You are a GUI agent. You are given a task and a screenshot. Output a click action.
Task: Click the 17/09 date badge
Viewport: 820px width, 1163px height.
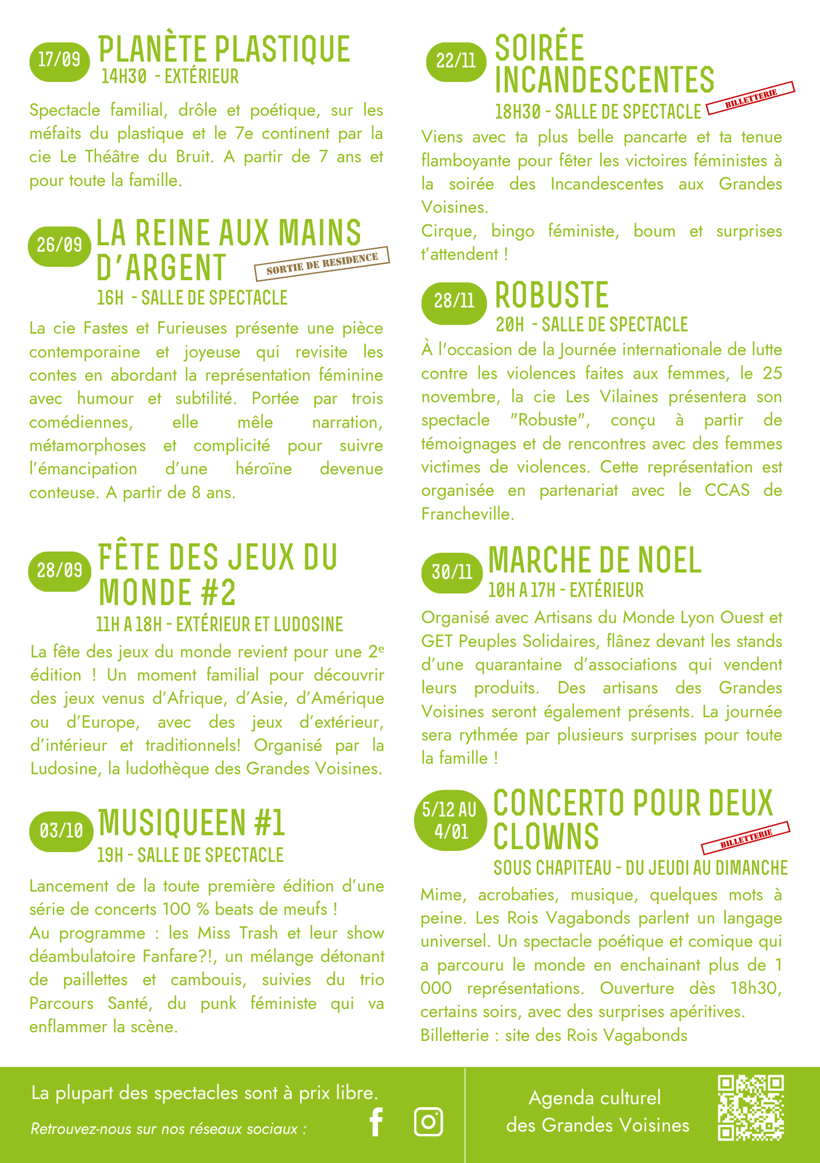click(59, 60)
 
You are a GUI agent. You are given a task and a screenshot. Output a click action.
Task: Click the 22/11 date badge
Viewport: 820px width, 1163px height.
click(456, 61)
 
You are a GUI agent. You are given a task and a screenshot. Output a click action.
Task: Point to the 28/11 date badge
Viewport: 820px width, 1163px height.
click(454, 302)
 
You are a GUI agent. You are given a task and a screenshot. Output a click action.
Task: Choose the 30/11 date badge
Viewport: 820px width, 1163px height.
click(452, 573)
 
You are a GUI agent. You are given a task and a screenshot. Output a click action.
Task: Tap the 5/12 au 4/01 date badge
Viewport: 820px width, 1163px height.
click(449, 820)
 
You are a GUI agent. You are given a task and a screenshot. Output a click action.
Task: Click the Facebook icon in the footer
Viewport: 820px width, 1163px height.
click(377, 1122)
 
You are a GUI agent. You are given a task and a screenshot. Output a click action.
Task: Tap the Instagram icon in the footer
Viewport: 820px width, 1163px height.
click(428, 1122)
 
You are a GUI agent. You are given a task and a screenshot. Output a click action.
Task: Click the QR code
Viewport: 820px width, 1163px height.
click(751, 1108)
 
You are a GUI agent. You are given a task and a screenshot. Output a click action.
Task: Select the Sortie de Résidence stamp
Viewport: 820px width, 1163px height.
click(322, 264)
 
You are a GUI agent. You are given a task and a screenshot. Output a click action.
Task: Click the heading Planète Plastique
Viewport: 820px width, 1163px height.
click(224, 49)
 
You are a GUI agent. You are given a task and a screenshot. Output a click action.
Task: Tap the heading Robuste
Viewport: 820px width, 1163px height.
click(551, 295)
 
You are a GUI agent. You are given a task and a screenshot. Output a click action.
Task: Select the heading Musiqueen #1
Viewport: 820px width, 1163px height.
click(191, 822)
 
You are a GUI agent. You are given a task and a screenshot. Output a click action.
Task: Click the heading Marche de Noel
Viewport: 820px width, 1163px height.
click(595, 560)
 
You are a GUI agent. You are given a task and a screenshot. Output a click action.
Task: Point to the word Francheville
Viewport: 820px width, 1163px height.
click(467, 515)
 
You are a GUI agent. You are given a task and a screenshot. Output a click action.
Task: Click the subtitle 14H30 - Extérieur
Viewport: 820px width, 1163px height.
click(169, 77)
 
